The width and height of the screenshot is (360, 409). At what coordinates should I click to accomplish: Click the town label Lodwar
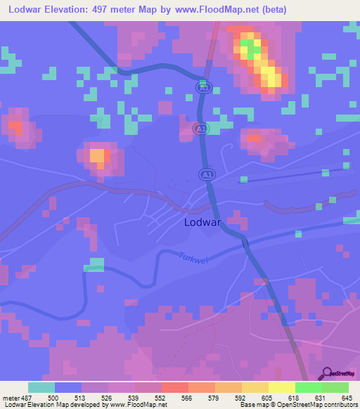click(x=203, y=222)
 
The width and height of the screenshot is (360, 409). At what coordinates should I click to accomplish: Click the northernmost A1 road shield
click(x=203, y=87)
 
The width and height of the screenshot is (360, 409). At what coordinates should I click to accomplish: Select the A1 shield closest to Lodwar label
click(x=207, y=174)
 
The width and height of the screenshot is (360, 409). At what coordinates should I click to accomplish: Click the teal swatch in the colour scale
click(x=41, y=387)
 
